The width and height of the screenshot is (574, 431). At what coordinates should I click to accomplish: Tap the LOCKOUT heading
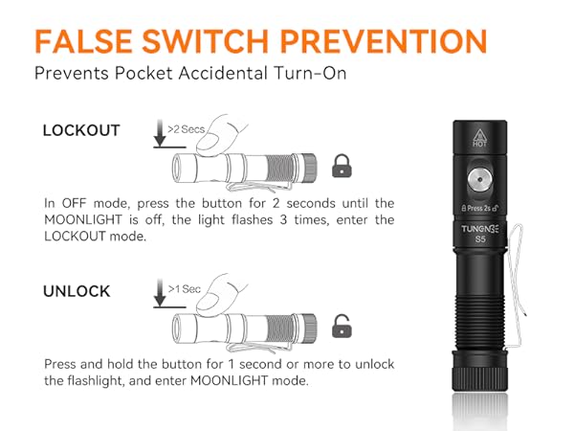point(81,130)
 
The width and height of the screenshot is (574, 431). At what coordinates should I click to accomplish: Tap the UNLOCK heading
point(77,291)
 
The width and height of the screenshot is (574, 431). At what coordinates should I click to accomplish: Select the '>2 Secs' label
point(185,127)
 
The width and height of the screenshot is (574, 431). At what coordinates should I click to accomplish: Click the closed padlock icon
point(341,167)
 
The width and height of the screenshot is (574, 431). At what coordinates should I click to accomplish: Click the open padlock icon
point(340,327)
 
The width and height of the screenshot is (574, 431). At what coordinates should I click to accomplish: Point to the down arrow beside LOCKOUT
point(158,133)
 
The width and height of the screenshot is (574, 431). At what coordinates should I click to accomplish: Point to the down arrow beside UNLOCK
point(158,293)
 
